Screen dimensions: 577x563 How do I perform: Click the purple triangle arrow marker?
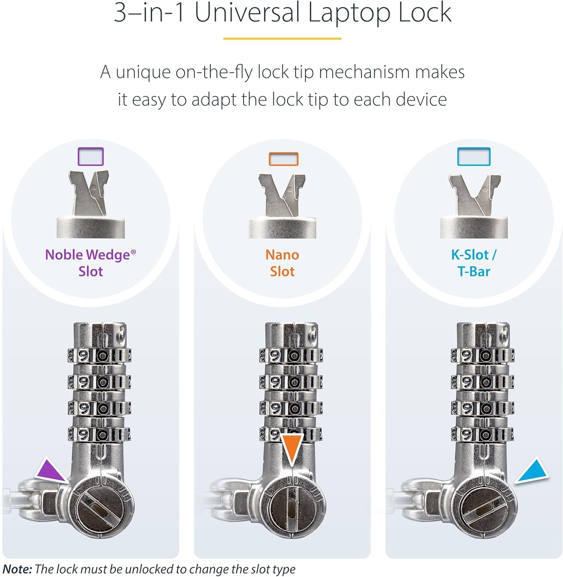50,471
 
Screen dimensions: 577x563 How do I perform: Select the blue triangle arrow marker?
533,471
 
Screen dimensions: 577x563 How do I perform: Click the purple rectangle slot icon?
91,157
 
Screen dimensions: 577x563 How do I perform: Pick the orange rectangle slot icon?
283,159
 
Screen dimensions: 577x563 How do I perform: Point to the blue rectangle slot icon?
474,157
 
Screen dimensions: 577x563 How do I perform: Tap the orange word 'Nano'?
282,255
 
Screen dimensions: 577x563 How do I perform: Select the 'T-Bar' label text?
474,271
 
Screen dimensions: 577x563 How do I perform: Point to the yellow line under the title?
282,39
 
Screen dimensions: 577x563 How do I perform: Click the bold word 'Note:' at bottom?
17,569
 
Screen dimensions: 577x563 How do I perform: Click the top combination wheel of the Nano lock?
291,355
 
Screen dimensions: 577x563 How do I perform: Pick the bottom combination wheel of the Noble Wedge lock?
99,434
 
